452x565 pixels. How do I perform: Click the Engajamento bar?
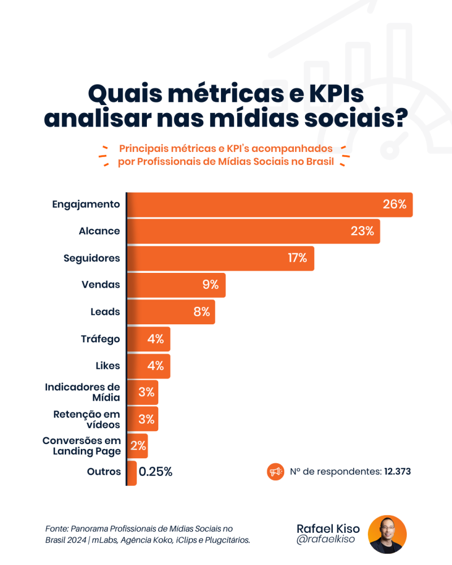254,205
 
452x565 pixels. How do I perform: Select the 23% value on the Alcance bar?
362,231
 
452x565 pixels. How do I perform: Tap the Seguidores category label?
92,258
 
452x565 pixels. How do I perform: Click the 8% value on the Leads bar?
202,312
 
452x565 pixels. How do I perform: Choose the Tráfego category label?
101,339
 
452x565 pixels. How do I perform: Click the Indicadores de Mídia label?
82,392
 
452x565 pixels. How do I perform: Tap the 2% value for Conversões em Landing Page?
138,446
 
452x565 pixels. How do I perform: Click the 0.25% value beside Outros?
155,472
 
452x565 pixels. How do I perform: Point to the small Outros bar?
132,473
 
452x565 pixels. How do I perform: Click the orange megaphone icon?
275,471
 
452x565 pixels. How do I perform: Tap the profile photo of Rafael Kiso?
387,534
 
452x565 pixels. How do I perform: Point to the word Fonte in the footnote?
56,529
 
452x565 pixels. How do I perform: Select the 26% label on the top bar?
394,205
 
